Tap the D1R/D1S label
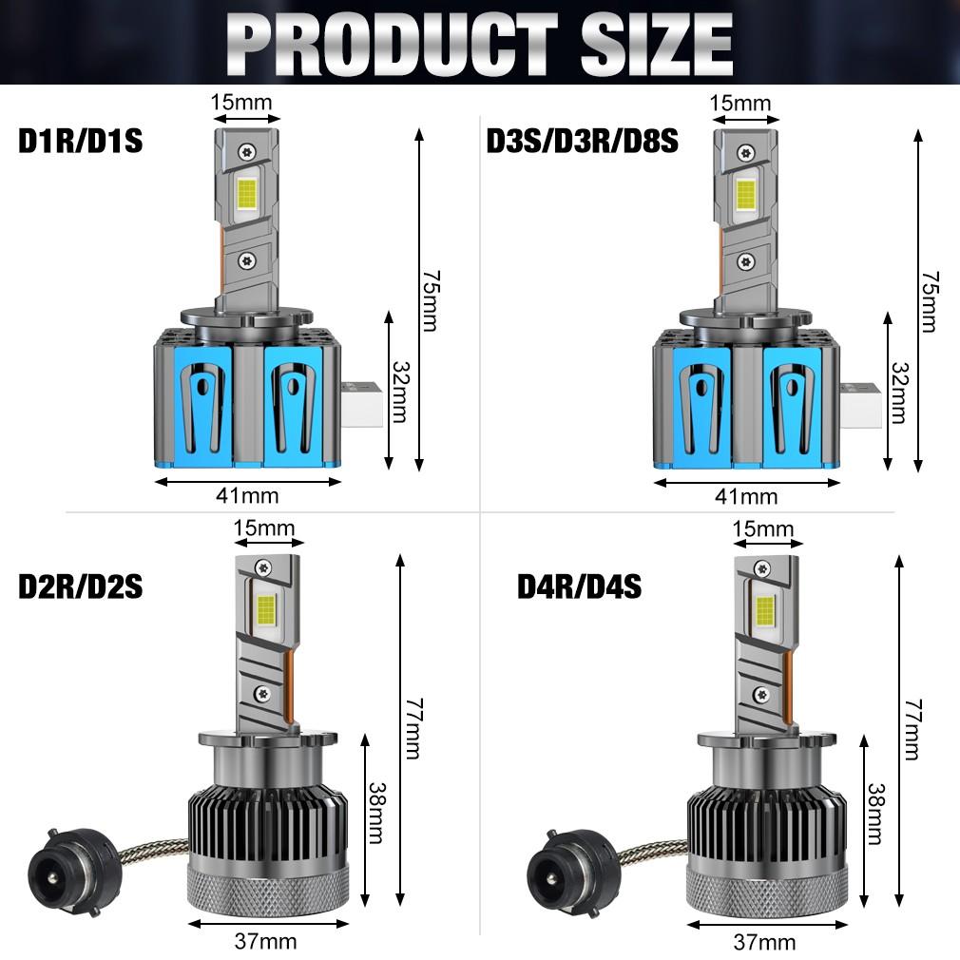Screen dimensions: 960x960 (80, 142)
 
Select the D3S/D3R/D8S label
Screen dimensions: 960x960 (582, 142)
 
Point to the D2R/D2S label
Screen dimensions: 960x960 (80, 586)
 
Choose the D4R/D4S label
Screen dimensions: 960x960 (579, 586)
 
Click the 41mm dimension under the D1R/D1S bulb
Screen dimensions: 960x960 (247, 495)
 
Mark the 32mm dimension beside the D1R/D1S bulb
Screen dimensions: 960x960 (398, 391)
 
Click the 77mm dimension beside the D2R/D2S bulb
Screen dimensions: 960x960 (412, 728)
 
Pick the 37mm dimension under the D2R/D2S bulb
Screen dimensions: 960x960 (265, 942)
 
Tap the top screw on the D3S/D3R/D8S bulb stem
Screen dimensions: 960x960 (747, 149)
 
